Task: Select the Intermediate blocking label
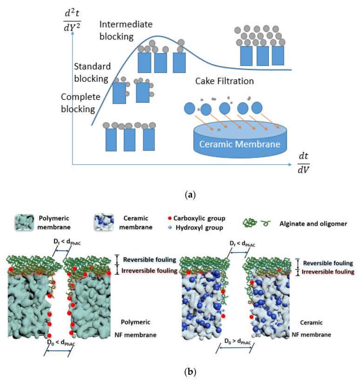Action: tap(126, 30)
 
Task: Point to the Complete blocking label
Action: tap(78, 103)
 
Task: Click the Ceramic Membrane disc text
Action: tap(240, 144)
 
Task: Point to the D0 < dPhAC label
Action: tap(58, 342)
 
